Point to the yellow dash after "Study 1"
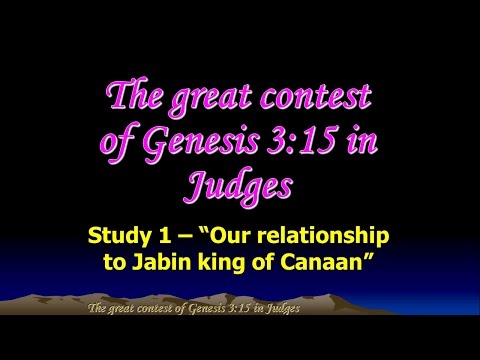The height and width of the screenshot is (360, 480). (184, 236)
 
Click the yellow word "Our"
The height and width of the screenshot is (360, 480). (221, 236)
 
